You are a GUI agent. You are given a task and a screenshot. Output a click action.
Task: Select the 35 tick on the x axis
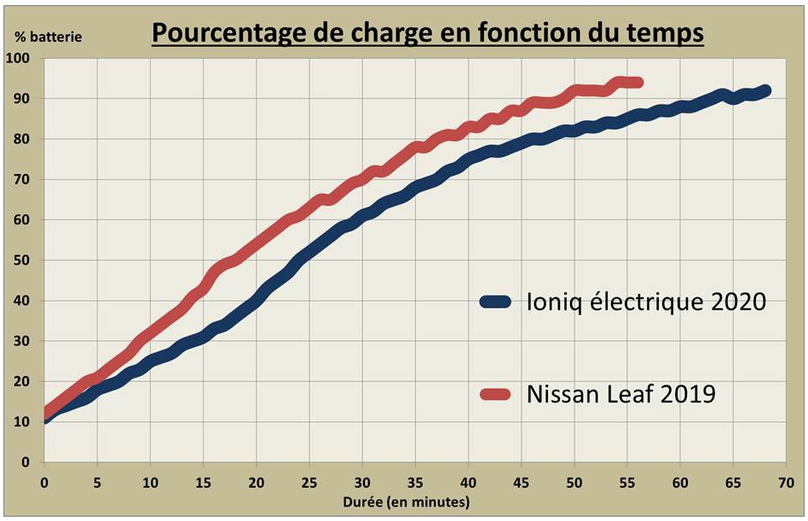click(415, 482)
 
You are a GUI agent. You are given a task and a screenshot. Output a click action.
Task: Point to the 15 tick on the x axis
click(203, 482)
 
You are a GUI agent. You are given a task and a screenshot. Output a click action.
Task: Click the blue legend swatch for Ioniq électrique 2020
click(496, 301)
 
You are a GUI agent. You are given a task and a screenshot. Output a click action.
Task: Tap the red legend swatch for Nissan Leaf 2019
click(496, 394)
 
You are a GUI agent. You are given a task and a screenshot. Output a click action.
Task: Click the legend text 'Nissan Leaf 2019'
click(621, 394)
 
